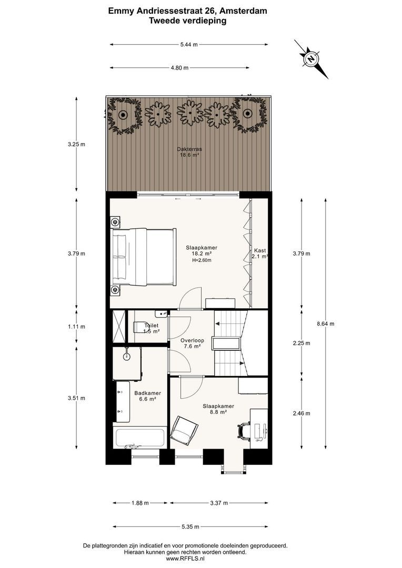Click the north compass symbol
(x=311, y=59)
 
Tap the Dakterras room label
(x=189, y=152)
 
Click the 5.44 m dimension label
(x=189, y=45)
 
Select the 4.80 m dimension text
(x=179, y=68)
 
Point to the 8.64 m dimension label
(x=326, y=324)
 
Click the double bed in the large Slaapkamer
(x=144, y=257)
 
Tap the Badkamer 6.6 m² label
(x=147, y=396)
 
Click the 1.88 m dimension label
(x=140, y=503)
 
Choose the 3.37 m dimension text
(x=219, y=503)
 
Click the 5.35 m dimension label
(x=190, y=526)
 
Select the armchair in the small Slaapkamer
(x=185, y=431)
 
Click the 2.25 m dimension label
(x=301, y=343)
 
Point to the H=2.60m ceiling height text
(x=202, y=260)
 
